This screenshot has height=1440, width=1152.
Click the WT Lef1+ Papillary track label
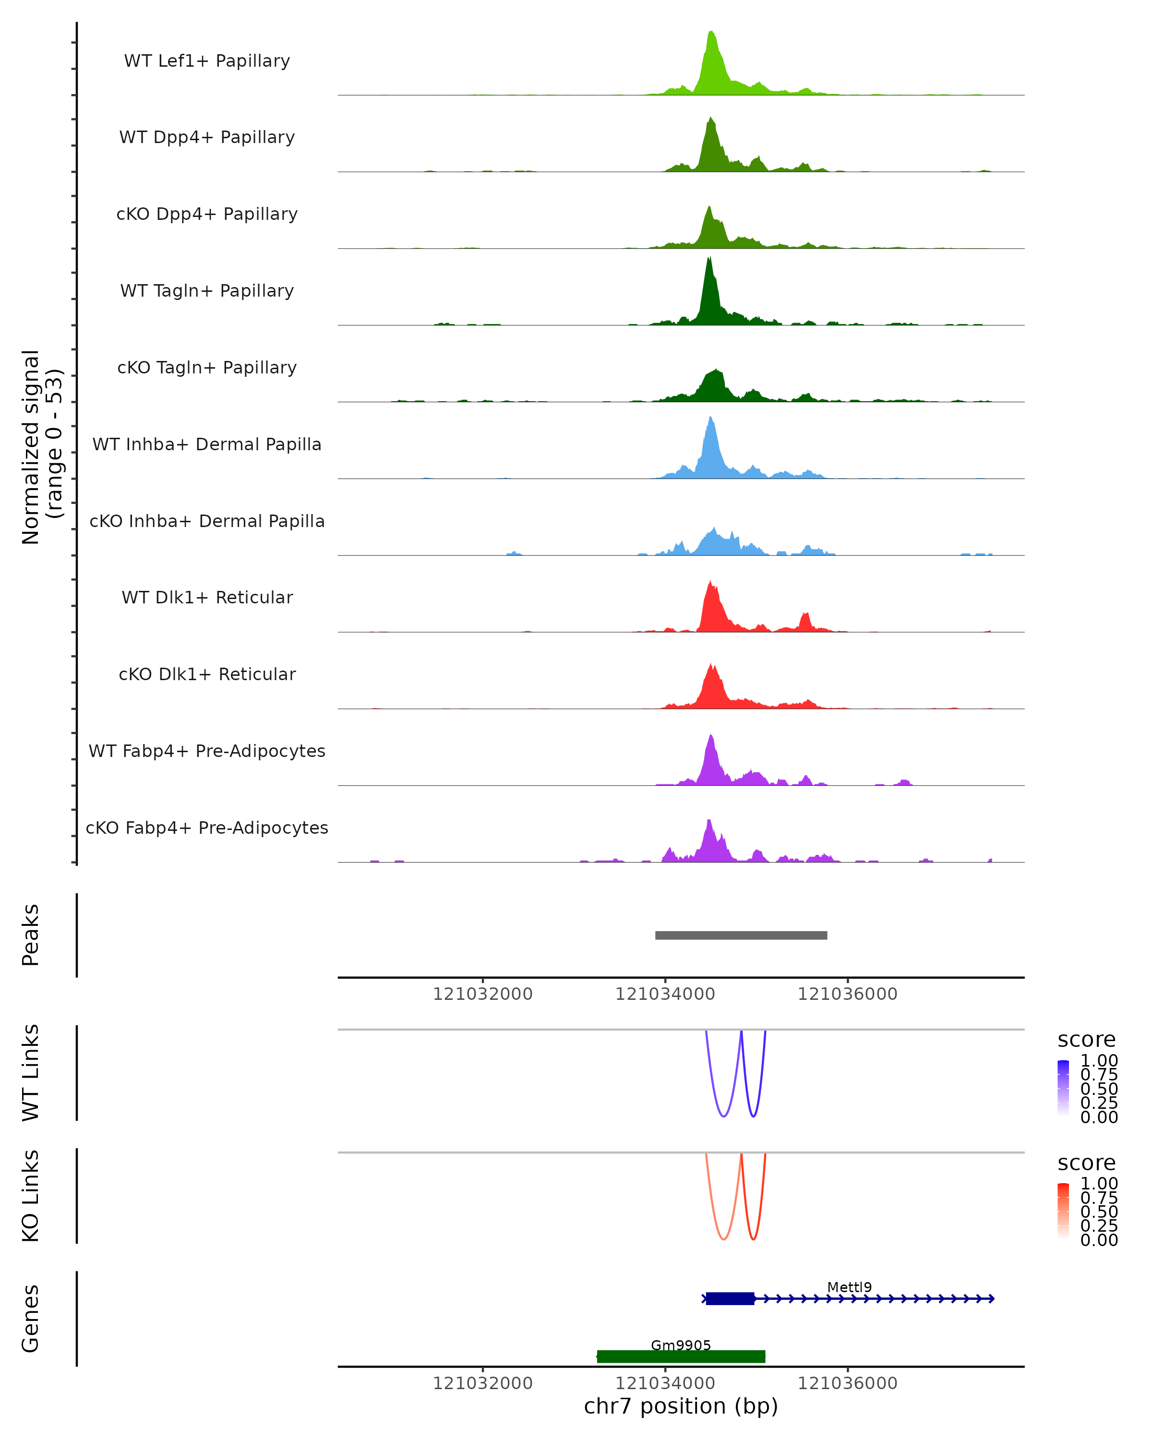207,61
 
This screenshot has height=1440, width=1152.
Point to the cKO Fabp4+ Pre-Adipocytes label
207,828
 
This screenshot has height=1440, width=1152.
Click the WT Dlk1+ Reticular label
207,597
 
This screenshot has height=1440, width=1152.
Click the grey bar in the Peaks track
741,935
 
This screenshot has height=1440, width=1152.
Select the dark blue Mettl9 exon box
730,1298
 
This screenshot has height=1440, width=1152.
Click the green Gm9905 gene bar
681,1356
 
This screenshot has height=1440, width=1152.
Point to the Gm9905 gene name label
681,1344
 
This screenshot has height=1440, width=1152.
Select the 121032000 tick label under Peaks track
482,994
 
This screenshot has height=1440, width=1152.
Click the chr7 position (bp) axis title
681,1406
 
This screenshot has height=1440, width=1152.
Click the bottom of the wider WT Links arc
723,1116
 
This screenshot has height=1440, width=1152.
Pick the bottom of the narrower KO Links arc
753,1239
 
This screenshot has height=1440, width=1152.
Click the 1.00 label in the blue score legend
1099,1061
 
